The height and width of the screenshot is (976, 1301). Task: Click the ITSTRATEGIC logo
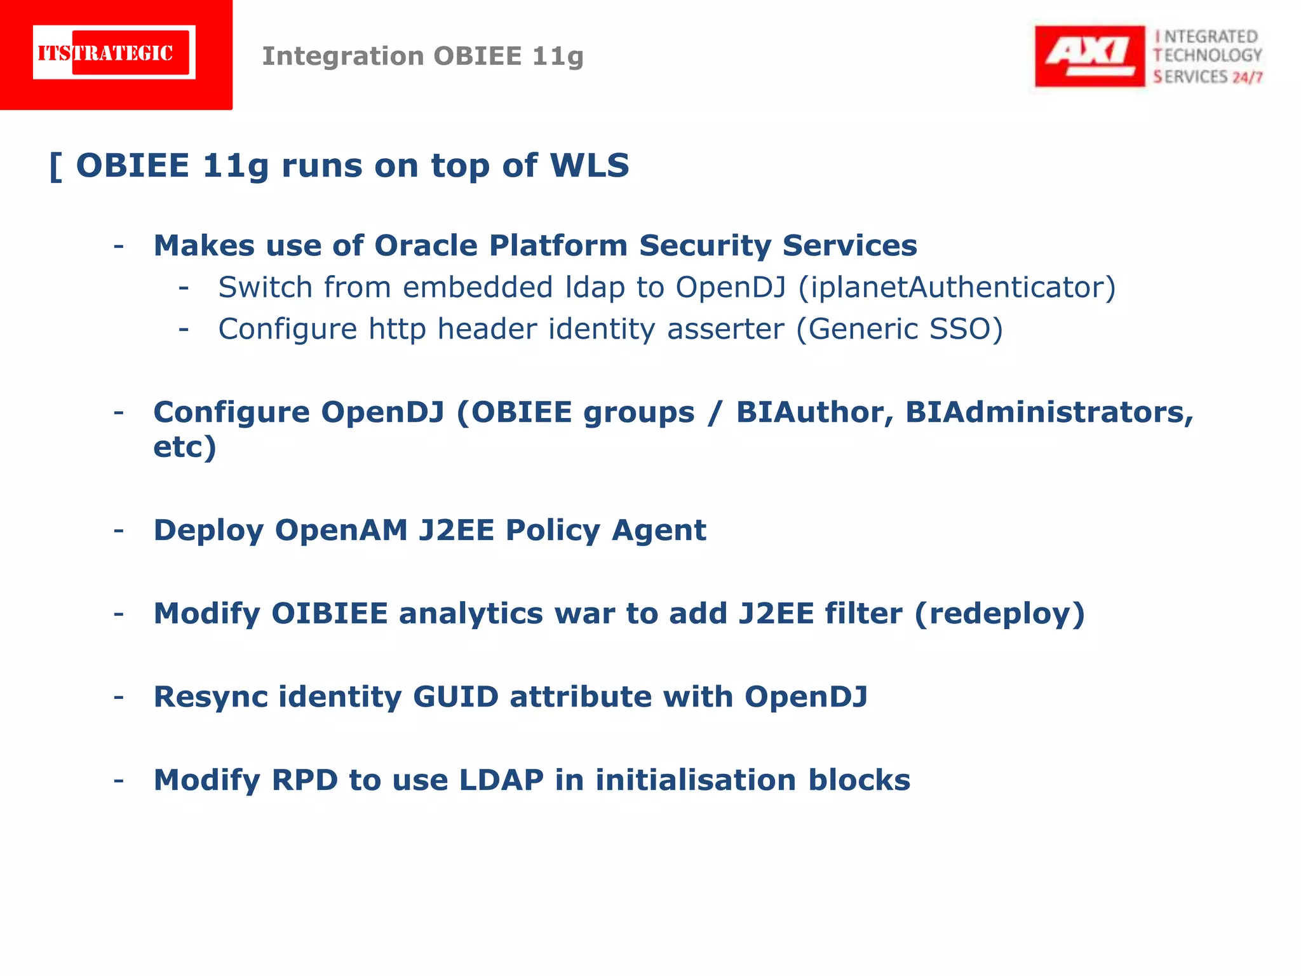tap(114, 53)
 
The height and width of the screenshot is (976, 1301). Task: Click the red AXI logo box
tap(1089, 56)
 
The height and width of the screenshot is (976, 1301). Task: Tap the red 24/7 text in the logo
tap(1247, 78)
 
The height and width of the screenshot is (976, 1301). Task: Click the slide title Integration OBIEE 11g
tap(422, 56)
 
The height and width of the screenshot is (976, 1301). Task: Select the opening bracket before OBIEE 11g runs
tap(56, 166)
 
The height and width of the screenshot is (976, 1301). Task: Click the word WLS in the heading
tap(589, 165)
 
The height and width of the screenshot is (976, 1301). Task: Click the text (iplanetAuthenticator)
tap(957, 287)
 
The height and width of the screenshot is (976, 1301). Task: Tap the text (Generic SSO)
tap(900, 329)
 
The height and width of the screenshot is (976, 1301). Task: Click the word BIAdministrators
tap(1049, 412)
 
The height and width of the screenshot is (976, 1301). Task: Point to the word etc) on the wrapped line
tap(185, 446)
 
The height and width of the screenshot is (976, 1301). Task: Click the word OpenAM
tap(341, 530)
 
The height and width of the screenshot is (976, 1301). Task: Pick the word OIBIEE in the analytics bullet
tap(329, 613)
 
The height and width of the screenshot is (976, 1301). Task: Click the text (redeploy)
tap(999, 613)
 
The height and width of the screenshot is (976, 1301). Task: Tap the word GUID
tap(455, 696)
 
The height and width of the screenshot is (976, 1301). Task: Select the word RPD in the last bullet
tap(304, 780)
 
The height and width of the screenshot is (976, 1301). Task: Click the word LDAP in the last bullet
tap(501, 780)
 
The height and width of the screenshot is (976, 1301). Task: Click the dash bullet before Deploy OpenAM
tap(119, 530)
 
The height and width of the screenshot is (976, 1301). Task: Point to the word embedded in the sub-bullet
tap(478, 287)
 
